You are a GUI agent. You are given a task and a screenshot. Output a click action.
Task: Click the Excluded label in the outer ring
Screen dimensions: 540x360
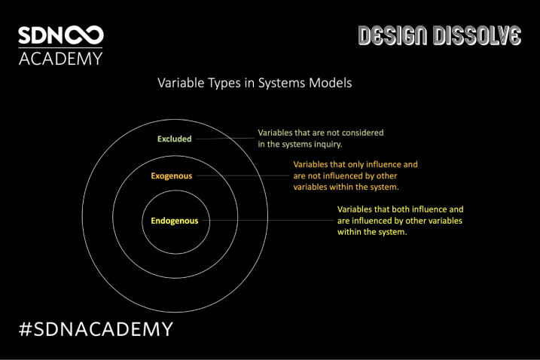pyautogui.click(x=174, y=139)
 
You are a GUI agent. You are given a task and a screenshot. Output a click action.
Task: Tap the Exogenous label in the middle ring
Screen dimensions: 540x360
pyautogui.click(x=172, y=176)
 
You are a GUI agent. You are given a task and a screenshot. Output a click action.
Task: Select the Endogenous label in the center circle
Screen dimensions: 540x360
pyautogui.click(x=175, y=221)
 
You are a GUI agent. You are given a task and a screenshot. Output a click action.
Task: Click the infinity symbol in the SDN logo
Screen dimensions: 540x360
pyautogui.click(x=84, y=35)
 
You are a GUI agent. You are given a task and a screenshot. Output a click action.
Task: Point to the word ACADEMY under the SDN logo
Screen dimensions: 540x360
pyautogui.click(x=60, y=59)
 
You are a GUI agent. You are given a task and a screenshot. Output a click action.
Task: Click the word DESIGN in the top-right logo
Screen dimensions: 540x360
pyautogui.click(x=393, y=35)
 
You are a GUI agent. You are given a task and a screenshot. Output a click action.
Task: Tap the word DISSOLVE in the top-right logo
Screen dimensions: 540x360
pyautogui.click(x=477, y=35)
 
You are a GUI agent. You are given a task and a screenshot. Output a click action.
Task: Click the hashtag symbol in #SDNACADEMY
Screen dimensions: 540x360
pyautogui.click(x=26, y=328)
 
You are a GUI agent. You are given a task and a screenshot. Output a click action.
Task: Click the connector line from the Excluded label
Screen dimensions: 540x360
pyautogui.click(x=225, y=139)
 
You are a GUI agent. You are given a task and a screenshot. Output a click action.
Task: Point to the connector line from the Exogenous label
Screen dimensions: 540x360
pyautogui.click(x=243, y=175)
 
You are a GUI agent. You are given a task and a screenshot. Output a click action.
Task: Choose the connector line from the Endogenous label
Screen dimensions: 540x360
pyautogui.click(x=268, y=220)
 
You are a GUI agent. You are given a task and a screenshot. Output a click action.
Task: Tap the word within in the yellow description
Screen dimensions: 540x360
pyautogui.click(x=348, y=232)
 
